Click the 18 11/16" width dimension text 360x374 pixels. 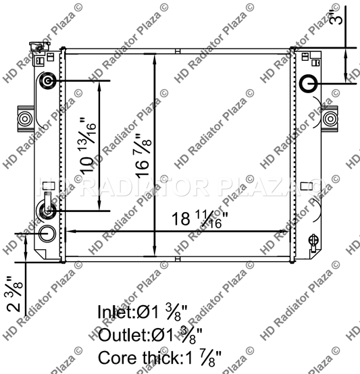pos(197,218)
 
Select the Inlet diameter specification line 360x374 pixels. pos(143,313)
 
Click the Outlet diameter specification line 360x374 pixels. pos(149,335)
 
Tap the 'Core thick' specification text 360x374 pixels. pos(159,357)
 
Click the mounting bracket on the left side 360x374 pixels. pos(24,119)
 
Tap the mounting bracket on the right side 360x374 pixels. pos(330,119)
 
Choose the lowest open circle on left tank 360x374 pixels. pos(47,234)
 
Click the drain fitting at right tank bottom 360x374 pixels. pos(313,240)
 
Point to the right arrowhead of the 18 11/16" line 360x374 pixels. pos(287,232)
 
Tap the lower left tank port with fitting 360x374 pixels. pos(48,210)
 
